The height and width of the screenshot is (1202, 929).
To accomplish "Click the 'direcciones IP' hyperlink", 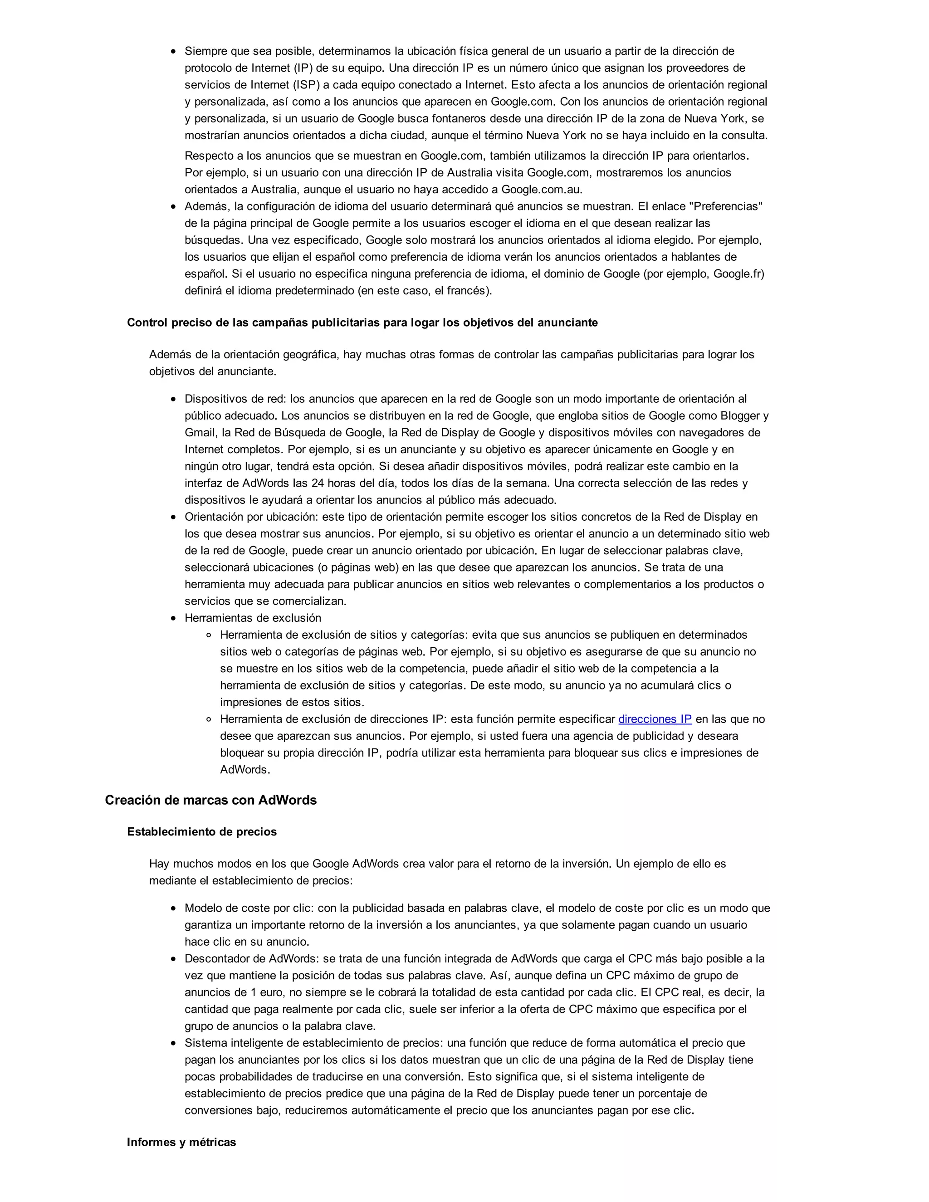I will pos(655,719).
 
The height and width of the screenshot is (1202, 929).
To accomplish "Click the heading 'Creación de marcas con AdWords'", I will pos(211,800).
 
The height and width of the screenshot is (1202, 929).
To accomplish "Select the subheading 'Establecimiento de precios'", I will pos(201,831).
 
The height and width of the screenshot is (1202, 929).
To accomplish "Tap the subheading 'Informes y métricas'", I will pos(181,1142).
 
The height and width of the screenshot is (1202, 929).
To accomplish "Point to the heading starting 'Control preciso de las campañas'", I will pos(362,322).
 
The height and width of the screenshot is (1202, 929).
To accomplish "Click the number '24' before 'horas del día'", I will pos(318,483).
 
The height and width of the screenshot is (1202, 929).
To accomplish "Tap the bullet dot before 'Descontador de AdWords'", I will pos(173,959).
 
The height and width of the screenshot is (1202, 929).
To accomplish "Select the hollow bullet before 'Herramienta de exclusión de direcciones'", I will pos(209,719).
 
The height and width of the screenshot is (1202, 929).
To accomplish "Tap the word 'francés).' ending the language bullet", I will pos(469,291).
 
